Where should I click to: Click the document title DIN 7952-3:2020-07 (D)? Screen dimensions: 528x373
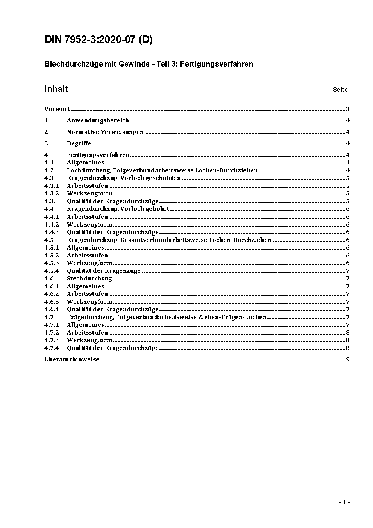(x=99, y=40)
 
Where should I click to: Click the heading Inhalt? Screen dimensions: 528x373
(x=56, y=89)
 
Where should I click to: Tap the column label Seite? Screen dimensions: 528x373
(x=340, y=90)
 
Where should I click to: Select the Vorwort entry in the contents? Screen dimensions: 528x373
(x=57, y=109)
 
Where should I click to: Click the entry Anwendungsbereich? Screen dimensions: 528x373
(x=98, y=120)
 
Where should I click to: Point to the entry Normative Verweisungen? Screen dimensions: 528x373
(x=105, y=132)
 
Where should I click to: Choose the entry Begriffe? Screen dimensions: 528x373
(x=79, y=143)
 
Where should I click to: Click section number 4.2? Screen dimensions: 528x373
(x=49, y=170)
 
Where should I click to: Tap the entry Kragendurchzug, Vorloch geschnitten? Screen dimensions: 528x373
(x=124, y=178)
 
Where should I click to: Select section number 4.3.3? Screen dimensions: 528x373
(x=52, y=201)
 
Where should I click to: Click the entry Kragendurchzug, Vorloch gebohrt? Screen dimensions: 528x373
(x=118, y=209)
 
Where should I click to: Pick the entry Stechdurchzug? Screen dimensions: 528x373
(x=89, y=278)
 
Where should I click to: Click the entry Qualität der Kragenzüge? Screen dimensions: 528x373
(x=104, y=271)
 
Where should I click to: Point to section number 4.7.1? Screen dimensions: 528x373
(x=52, y=325)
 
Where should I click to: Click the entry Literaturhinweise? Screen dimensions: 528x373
(x=72, y=359)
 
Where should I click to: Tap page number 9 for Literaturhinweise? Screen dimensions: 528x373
(x=348, y=359)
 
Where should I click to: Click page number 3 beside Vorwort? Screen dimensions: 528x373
(x=348, y=109)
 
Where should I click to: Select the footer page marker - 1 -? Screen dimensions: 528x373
(x=344, y=502)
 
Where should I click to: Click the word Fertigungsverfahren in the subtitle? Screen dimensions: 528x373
(x=217, y=64)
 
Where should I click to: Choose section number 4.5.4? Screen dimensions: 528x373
(x=52, y=271)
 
